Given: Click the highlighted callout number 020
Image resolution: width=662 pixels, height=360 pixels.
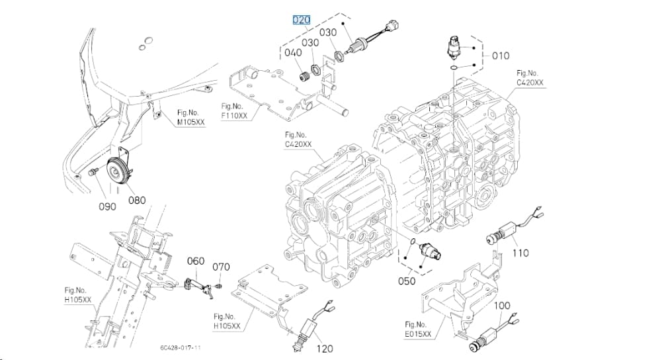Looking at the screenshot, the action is tap(302, 20).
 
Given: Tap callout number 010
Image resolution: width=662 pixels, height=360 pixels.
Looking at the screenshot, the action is tap(501, 56).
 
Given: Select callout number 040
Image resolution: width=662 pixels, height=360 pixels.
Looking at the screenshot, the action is tap(293, 53).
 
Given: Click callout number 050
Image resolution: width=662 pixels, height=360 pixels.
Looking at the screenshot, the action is tap(407, 281).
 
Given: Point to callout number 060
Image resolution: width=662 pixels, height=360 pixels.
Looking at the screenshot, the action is tap(196, 261).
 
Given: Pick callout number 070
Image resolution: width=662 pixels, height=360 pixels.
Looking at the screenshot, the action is tap(222, 267).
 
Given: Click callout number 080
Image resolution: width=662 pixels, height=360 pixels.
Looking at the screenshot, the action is tap(137, 200).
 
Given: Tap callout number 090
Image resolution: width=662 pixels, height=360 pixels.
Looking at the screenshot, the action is tap(108, 206).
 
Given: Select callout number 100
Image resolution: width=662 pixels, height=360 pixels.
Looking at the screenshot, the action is tap(502, 305).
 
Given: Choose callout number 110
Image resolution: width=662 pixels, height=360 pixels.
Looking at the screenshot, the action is tap(520, 253).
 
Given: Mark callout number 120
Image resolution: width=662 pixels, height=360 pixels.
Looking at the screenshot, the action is tap(325, 349).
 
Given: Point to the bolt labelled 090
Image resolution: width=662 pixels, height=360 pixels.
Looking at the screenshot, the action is tap(93, 171).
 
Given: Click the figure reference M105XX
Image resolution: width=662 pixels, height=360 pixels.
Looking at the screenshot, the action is tap(191, 118).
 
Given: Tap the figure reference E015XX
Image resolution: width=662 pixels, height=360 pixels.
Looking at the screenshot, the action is tap(418, 330).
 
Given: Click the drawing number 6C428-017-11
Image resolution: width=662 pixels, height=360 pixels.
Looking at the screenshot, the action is tap(181, 347).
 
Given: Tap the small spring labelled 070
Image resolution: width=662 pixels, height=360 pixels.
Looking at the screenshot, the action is tap(218, 287).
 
